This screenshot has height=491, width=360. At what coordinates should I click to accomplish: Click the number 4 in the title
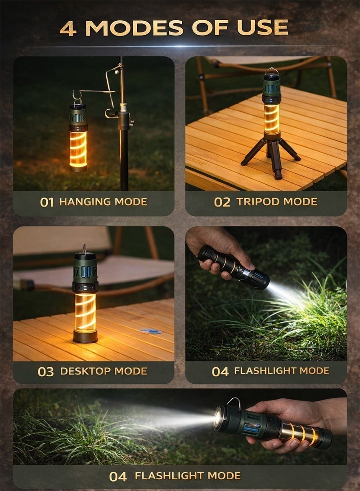point(68,28)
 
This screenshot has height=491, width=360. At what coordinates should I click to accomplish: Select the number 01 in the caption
point(47,202)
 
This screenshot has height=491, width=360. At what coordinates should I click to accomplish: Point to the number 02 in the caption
point(222,202)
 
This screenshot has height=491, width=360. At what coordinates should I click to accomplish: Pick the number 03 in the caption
point(45,372)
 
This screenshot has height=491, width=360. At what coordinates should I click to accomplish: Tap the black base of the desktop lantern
point(85,336)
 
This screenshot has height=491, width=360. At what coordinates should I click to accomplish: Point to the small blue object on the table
point(150,331)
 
